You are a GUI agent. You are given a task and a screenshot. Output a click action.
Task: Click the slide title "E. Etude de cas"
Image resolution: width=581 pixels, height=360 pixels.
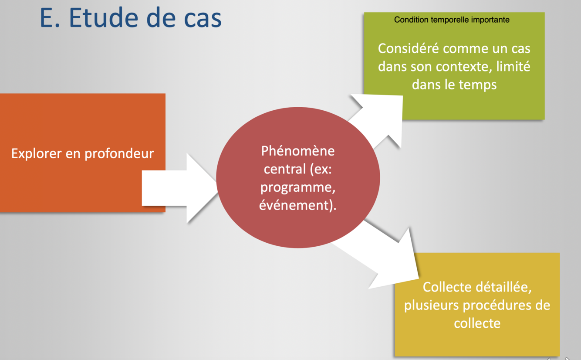click(x=131, y=19)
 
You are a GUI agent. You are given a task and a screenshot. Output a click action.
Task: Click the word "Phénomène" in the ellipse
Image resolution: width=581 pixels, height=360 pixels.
click(x=298, y=151)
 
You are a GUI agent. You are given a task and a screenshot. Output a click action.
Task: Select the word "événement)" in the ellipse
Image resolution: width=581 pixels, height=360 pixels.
click(x=297, y=205)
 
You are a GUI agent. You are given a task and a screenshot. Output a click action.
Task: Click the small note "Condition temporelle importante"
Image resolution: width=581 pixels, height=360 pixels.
click(x=452, y=20)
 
